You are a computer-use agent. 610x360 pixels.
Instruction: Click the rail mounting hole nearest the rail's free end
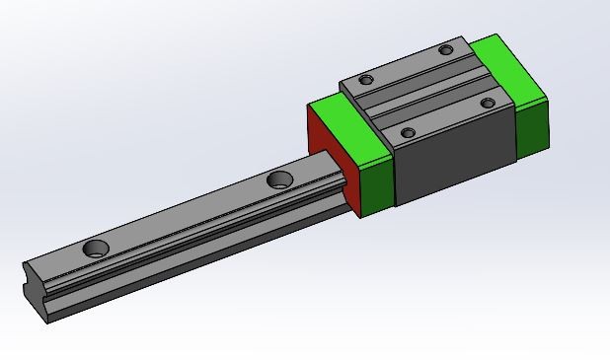point(97,248)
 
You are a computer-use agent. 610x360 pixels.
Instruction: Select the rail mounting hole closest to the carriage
point(279,180)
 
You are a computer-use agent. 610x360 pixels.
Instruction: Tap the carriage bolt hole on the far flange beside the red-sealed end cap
point(366,80)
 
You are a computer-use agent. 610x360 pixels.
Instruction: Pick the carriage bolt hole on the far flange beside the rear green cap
point(446,49)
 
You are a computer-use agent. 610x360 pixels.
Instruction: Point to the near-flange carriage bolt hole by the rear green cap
point(487,103)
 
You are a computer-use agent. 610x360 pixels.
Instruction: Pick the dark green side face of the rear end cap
point(532,126)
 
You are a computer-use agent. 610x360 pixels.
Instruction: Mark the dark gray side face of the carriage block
point(454,158)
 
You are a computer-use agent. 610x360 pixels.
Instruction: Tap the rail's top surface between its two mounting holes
point(188,215)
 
